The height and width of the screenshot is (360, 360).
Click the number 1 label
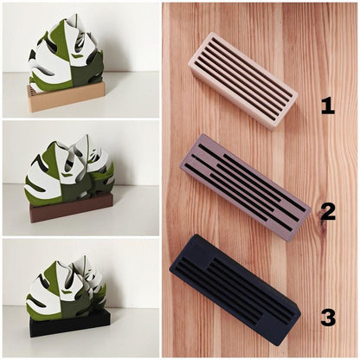[328, 106]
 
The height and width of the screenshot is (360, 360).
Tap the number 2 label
[328, 213]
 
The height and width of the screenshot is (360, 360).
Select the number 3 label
[328, 318]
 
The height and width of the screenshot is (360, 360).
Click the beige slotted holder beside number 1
[243, 81]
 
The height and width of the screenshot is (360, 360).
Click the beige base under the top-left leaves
[67, 97]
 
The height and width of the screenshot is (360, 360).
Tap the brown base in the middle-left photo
[71, 208]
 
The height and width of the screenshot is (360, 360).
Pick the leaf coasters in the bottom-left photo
[67, 288]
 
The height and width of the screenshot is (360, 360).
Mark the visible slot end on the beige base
[32, 90]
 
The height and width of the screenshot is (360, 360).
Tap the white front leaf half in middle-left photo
[43, 180]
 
